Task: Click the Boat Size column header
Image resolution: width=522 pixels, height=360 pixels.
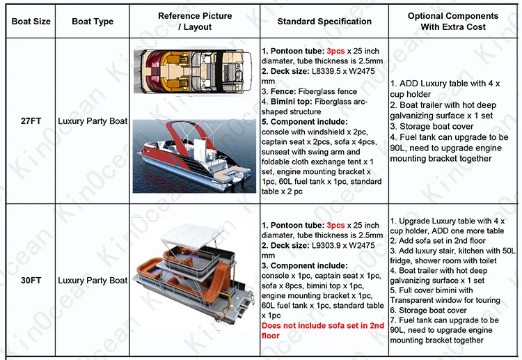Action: [x=31, y=22]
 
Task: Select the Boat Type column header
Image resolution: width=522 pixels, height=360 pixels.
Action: [x=93, y=22]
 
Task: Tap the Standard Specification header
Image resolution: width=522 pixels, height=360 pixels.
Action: [x=324, y=22]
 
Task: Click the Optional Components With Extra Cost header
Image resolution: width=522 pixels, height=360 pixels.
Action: [x=454, y=21]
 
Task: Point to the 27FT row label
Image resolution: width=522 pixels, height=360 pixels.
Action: [x=31, y=121]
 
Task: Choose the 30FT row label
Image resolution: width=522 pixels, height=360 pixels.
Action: [x=31, y=281]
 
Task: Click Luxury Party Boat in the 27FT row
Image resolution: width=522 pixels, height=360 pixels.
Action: [x=93, y=121]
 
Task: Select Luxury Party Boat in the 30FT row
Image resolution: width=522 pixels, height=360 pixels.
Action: [x=93, y=281]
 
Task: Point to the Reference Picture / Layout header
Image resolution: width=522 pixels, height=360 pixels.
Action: [x=194, y=22]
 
